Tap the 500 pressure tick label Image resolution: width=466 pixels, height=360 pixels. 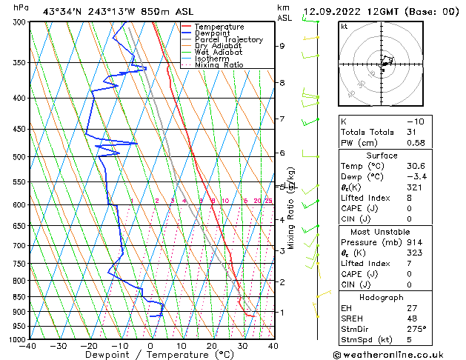tap(17, 157)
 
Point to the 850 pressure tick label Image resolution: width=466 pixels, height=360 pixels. tap(17, 297)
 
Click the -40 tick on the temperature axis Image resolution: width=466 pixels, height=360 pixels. tap(29, 346)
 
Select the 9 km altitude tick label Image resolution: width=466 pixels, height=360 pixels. tap(282, 46)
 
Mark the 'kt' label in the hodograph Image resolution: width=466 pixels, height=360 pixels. tap(344, 27)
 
